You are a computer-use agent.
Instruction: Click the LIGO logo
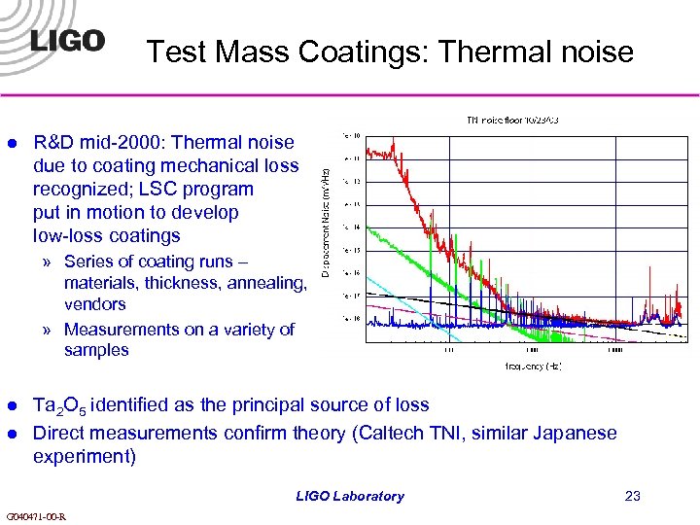tap(66, 41)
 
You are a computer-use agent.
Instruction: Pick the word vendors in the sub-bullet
tap(94, 304)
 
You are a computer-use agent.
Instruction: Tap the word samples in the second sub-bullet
tap(96, 350)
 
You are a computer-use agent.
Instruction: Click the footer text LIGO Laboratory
tap(350, 497)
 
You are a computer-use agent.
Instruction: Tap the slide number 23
tap(633, 497)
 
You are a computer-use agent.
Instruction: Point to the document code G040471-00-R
tap(35, 516)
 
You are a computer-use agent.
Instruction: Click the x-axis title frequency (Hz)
tap(533, 367)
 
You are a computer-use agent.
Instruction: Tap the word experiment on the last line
tap(81, 456)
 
